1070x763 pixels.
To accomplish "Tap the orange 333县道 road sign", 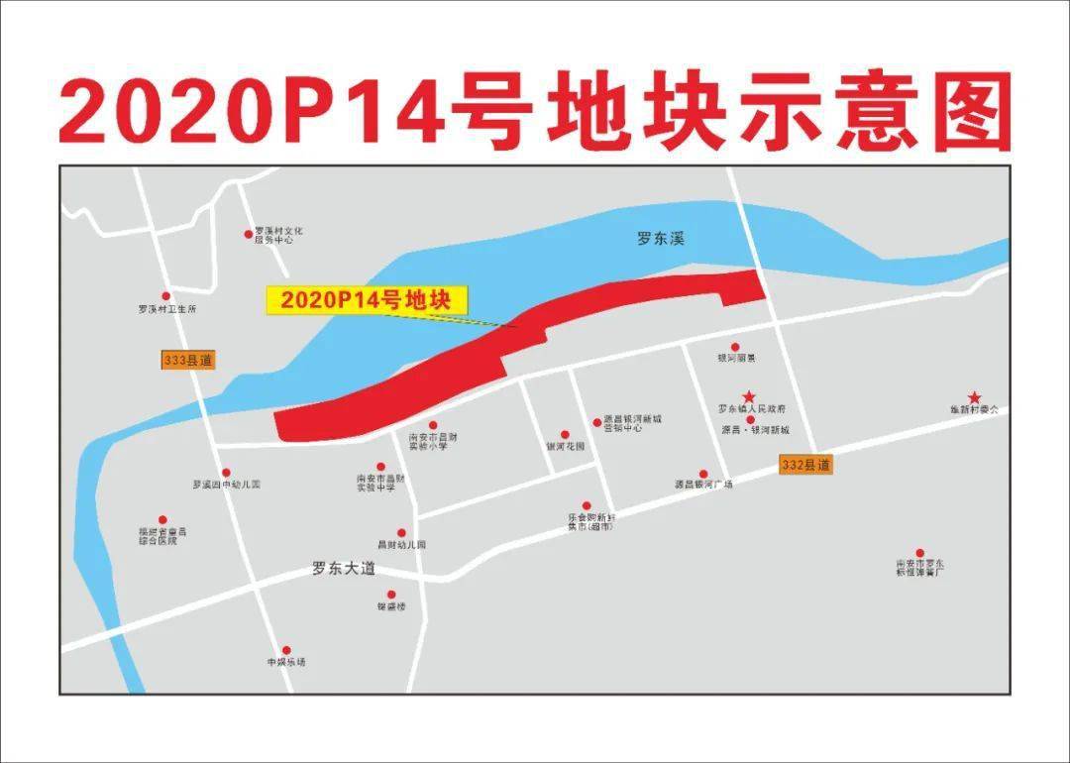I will click(187, 361).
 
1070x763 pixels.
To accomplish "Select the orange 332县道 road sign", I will click(805, 465).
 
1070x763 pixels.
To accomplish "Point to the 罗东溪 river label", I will click(661, 239).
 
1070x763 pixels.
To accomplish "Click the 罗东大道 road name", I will click(344, 569).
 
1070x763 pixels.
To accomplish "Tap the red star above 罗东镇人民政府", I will click(749, 396).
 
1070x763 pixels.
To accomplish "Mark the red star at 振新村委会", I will click(975, 396).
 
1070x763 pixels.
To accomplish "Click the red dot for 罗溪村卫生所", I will click(166, 295).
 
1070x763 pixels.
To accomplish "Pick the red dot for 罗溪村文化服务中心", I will click(249, 235).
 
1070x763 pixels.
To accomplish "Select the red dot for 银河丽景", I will click(735, 347).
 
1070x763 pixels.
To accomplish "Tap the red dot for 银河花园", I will click(565, 434).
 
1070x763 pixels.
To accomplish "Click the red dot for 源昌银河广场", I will click(703, 474).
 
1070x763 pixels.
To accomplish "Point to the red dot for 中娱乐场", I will click(286, 650).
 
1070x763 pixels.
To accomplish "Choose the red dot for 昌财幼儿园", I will click(401, 533).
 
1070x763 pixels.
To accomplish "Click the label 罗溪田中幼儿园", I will click(226, 485).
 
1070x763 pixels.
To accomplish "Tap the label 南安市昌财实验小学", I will click(432, 441).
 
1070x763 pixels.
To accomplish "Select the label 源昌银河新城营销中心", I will click(631, 424).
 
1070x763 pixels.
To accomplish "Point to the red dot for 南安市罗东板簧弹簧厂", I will click(919, 553).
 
